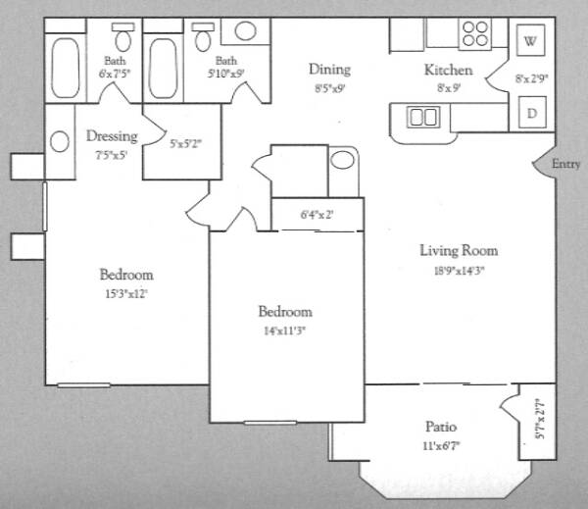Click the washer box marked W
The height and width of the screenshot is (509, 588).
(530, 40)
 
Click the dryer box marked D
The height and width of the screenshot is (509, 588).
(532, 112)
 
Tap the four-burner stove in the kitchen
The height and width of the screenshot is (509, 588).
(474, 33)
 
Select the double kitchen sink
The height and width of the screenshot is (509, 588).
(423, 117)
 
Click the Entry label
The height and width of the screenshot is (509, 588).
(565, 164)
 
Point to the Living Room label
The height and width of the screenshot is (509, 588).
(459, 250)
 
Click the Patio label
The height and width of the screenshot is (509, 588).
(441, 427)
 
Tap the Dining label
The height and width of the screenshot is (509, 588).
(329, 70)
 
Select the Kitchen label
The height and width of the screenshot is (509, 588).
(448, 70)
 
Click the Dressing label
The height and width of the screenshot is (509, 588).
(112, 136)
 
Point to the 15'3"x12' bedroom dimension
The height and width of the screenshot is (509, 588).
(126, 294)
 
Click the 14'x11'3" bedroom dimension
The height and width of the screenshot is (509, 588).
(285, 331)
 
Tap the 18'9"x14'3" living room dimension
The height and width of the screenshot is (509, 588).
(459, 271)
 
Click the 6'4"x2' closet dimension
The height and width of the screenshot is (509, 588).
(317, 215)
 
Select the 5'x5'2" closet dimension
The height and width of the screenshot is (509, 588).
(185, 143)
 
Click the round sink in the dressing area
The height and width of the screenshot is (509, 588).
(60, 141)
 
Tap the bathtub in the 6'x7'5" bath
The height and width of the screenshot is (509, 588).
(66, 68)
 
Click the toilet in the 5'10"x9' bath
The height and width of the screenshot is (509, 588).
(203, 37)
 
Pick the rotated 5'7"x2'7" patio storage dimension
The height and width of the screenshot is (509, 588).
(540, 419)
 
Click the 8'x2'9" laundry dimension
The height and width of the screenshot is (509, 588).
(531, 78)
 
